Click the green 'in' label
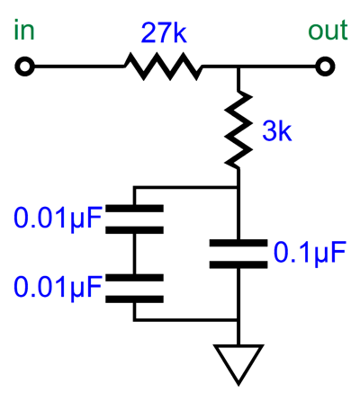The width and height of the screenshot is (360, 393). (x=24, y=30)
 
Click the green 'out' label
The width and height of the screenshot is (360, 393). (x=328, y=31)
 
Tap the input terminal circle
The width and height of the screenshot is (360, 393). (x=24, y=66)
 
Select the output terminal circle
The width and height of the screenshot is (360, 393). (x=325, y=66)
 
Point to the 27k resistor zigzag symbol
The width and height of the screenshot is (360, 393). (x=164, y=67)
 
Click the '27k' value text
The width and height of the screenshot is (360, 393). (x=164, y=32)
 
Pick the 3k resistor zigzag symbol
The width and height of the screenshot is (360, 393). (x=238, y=130)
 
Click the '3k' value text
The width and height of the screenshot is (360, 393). (x=277, y=130)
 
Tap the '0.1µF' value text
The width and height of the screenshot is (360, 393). (x=310, y=253)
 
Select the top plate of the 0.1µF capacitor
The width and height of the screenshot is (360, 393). (x=238, y=243)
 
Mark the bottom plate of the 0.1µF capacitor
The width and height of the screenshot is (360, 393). (x=238, y=264)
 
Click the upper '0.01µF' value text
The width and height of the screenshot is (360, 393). (x=58, y=218)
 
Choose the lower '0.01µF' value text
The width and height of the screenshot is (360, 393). (x=58, y=287)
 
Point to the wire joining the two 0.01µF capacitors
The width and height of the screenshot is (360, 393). (x=134, y=254)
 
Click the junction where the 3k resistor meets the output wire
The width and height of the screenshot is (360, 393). (x=238, y=67)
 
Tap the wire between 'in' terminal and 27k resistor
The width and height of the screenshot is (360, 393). (x=79, y=67)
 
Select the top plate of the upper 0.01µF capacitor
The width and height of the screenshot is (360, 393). (x=134, y=209)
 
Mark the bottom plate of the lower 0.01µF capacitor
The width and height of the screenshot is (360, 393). (x=134, y=299)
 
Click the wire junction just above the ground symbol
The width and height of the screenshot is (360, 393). (x=238, y=321)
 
